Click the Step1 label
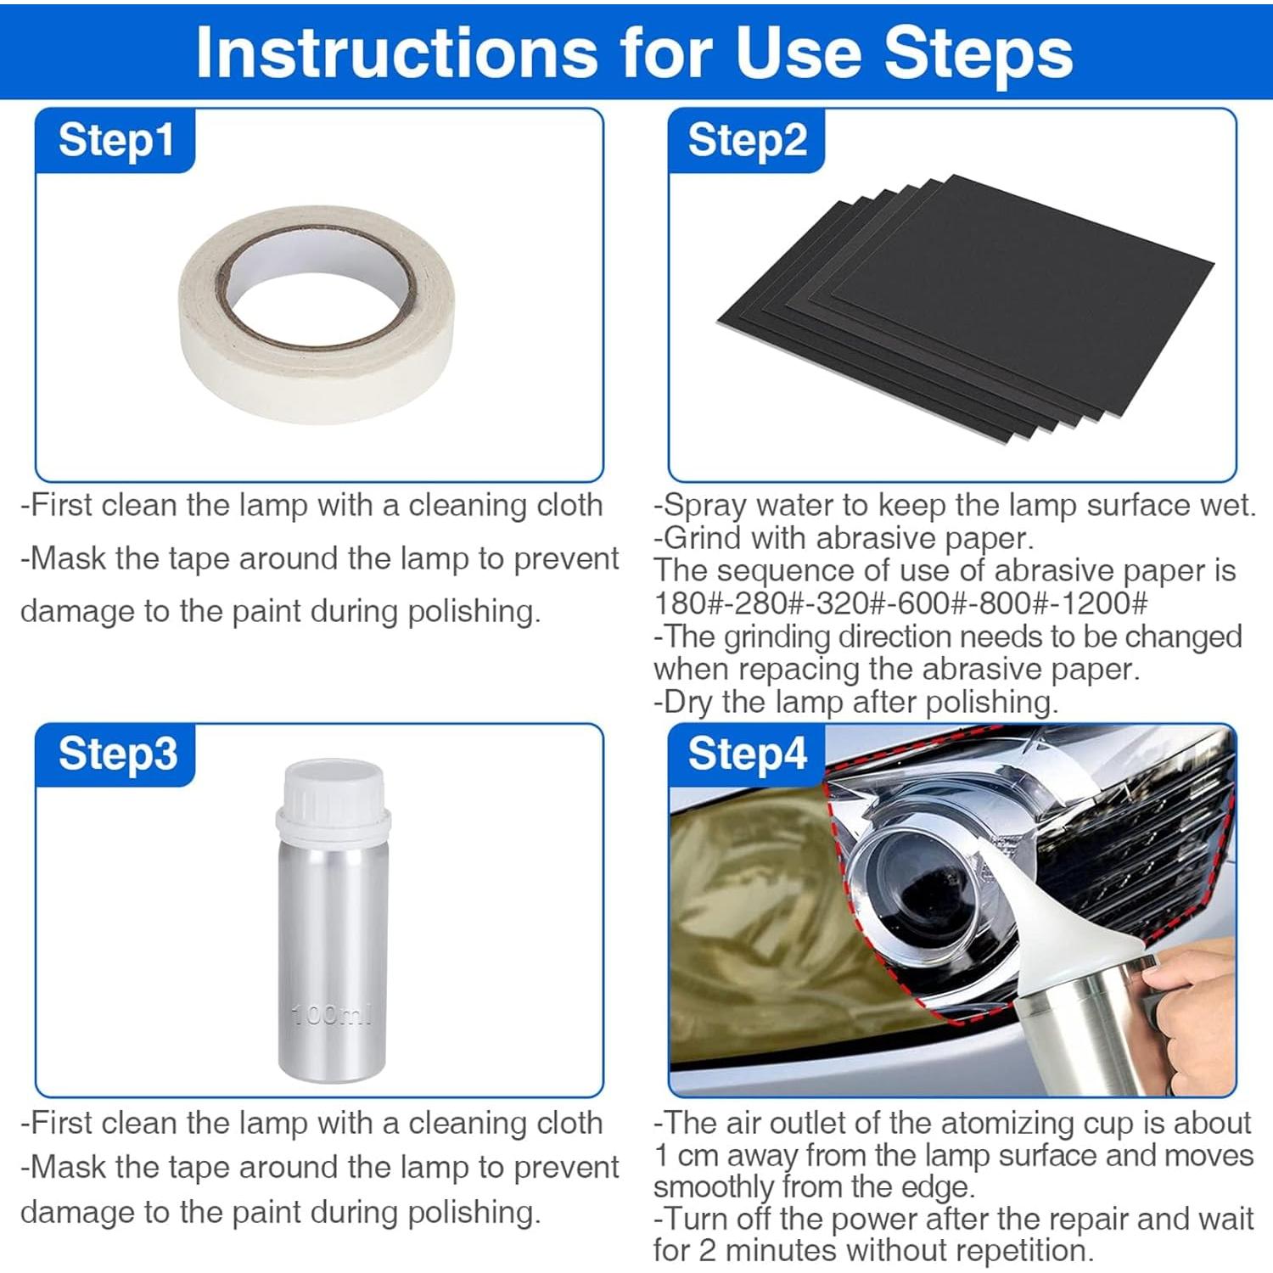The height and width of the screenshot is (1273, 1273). point(116,140)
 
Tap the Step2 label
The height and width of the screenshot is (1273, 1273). point(748,140)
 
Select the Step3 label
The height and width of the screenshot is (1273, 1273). point(118,754)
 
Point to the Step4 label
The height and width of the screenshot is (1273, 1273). point(748,754)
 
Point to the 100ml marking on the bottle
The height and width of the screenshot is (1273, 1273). point(332,1013)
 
